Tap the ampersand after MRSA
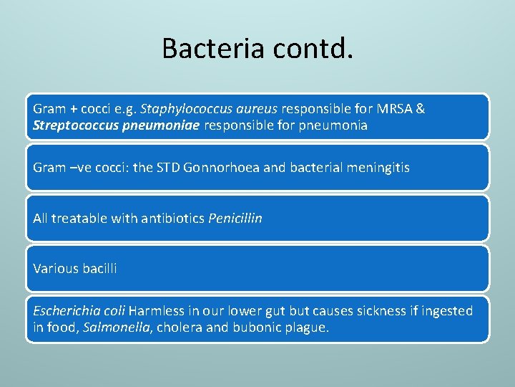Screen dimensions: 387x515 pos(420,109)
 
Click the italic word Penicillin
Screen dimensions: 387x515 pos(235,219)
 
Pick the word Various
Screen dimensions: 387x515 pos(54,269)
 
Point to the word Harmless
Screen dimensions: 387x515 pos(154,311)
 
